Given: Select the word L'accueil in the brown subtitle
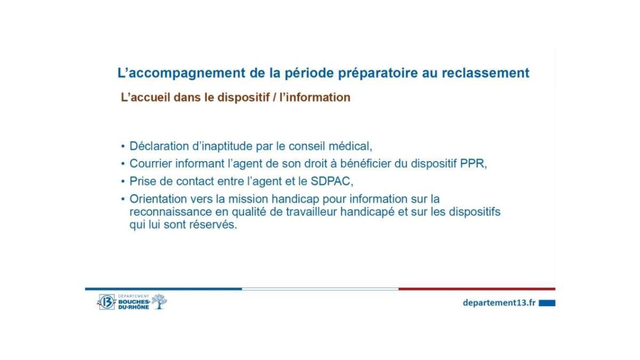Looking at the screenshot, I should (x=142, y=98).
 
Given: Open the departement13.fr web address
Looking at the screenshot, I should (x=499, y=302).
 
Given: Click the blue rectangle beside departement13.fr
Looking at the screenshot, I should (x=547, y=303).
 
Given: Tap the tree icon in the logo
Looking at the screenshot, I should (x=159, y=301).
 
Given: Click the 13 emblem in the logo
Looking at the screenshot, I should (x=107, y=302).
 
